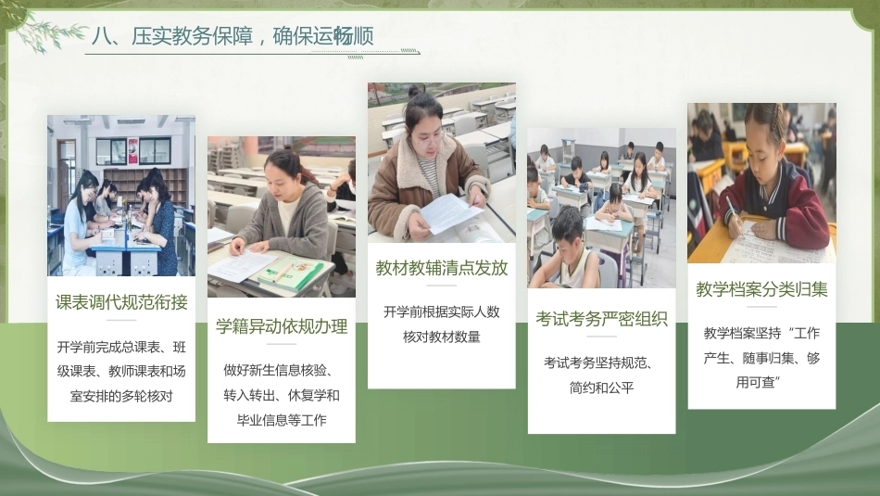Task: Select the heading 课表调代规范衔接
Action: coord(121,302)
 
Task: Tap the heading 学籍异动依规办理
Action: coord(282,326)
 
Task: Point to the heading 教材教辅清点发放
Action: coord(442,268)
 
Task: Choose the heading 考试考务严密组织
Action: coord(601,319)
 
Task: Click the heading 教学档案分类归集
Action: coord(761,289)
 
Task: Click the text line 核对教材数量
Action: coord(442,337)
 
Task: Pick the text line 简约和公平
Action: coord(601,388)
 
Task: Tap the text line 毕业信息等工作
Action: coord(282,420)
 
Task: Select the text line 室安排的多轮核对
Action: coord(121,396)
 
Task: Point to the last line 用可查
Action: coord(759,383)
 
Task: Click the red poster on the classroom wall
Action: coord(133,151)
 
